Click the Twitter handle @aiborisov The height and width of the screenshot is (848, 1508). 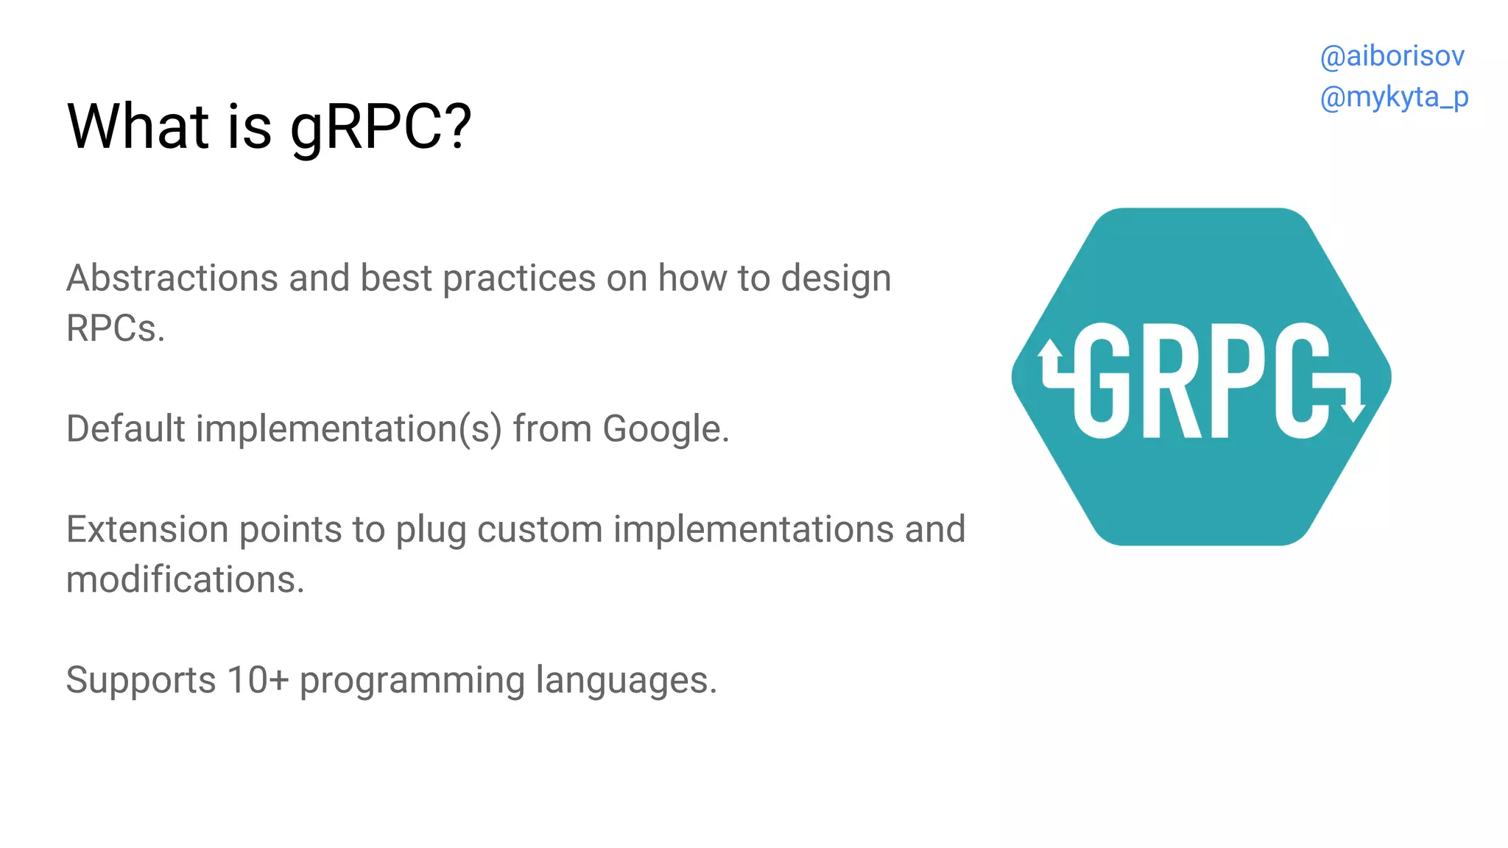coord(1392,57)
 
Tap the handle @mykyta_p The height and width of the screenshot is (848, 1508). coord(1394,98)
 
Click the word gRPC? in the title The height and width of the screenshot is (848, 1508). coord(380,127)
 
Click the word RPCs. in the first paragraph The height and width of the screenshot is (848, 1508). coord(116,329)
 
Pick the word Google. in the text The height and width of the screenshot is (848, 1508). coord(666,429)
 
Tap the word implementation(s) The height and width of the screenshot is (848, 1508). coord(348,429)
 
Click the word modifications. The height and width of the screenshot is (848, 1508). coord(185,580)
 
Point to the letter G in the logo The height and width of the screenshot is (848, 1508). coord(1102,381)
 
